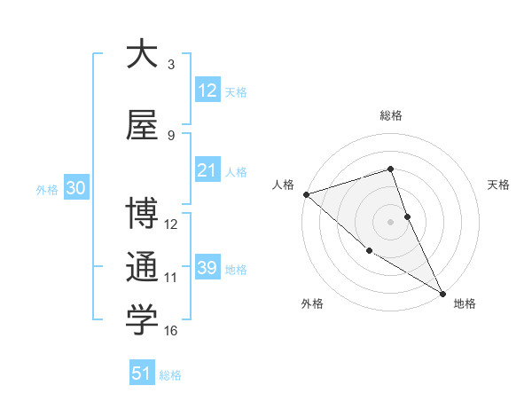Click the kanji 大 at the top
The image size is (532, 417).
[141, 54]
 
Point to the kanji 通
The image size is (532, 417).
[141, 267]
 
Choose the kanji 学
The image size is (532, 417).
[141, 320]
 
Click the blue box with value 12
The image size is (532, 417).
[207, 90]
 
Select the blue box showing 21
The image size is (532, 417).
[207, 170]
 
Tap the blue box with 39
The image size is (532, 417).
[207, 268]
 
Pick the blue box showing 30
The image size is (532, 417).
[75, 189]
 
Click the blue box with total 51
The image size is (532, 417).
[142, 374]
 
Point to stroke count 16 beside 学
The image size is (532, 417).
[171, 331]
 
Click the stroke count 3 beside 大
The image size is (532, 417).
[171, 64]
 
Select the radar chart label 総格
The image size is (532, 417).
[390, 115]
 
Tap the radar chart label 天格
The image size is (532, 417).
[499, 185]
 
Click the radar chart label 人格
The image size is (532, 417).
[283, 185]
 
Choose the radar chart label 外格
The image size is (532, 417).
[312, 303]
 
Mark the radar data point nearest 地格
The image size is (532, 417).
[442, 294]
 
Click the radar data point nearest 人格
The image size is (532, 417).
[306, 193]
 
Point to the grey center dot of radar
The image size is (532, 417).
[390, 221]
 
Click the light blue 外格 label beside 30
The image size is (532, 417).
[47, 189]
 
